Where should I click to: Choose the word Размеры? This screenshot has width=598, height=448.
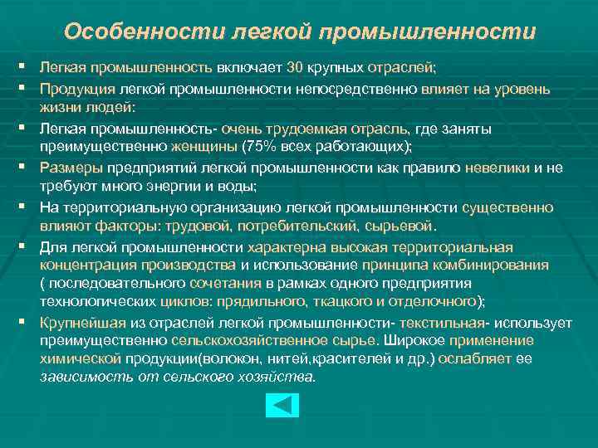pos(66,168)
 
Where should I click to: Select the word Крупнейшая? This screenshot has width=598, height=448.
pos(76,322)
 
